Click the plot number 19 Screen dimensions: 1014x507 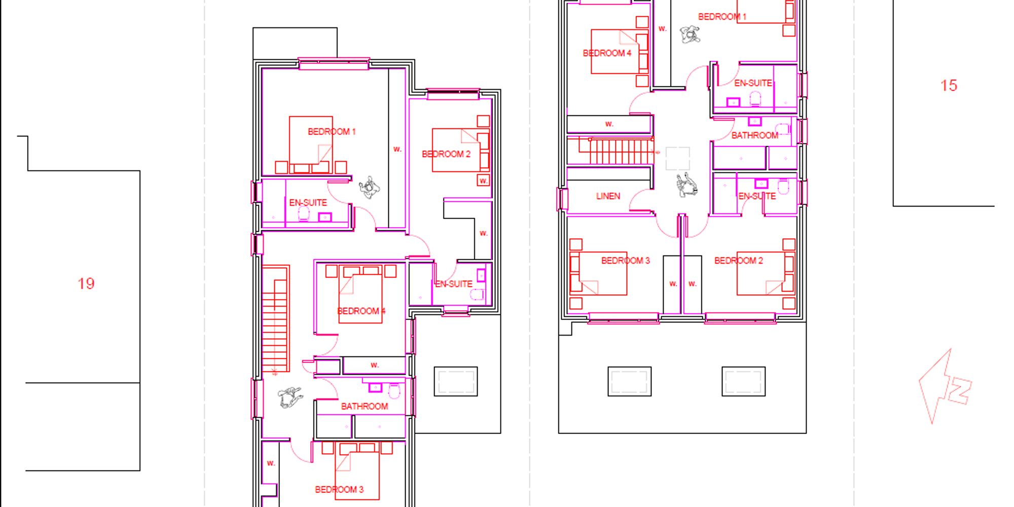pyautogui.click(x=86, y=283)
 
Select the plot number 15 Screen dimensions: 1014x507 pyautogui.click(x=949, y=85)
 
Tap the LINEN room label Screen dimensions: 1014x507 pyautogui.click(x=608, y=196)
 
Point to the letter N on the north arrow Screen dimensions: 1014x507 pyautogui.click(x=959, y=391)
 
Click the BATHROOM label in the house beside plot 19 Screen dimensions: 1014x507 pyautogui.click(x=365, y=406)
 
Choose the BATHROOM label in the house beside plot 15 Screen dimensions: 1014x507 pyautogui.click(x=754, y=135)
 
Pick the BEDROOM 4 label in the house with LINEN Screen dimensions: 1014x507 pyautogui.click(x=607, y=53)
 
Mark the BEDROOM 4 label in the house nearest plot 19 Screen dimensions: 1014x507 pyautogui.click(x=361, y=311)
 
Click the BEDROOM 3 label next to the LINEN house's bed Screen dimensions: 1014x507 pyautogui.click(x=625, y=261)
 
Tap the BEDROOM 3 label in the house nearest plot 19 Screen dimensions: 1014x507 pyautogui.click(x=339, y=489)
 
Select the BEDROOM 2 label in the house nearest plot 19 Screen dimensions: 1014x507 pyautogui.click(x=446, y=154)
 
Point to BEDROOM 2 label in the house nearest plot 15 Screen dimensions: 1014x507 pyautogui.click(x=738, y=261)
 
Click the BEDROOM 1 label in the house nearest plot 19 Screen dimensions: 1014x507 pyautogui.click(x=332, y=132)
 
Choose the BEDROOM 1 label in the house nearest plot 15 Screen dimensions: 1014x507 pyautogui.click(x=722, y=17)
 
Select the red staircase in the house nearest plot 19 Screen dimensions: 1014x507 pyautogui.click(x=275, y=319)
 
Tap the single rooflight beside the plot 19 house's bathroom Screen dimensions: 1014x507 pyautogui.click(x=456, y=381)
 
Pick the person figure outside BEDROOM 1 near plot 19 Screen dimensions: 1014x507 pyautogui.click(x=370, y=188)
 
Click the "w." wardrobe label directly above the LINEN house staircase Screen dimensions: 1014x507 pyautogui.click(x=609, y=124)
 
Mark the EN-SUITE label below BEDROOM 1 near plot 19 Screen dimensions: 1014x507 pyautogui.click(x=308, y=203)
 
